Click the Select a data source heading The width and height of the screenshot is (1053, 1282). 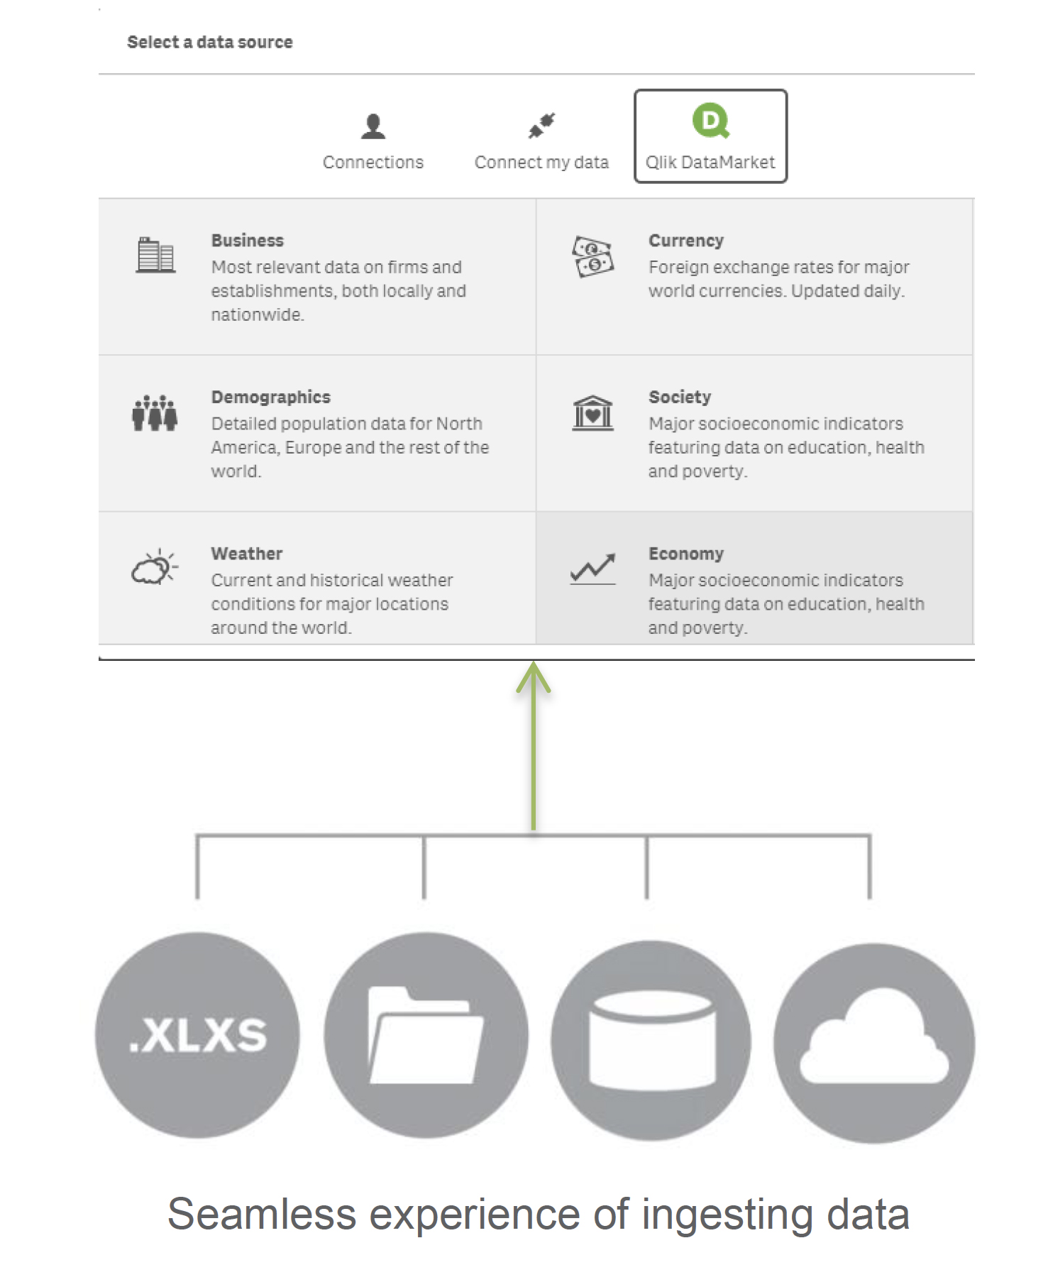click(x=209, y=43)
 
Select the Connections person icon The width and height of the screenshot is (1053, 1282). click(x=373, y=126)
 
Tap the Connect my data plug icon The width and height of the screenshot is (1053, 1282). click(x=541, y=126)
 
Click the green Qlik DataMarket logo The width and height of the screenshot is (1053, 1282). click(x=711, y=121)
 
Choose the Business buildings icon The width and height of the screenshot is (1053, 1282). click(x=155, y=256)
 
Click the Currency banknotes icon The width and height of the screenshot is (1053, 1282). click(x=593, y=256)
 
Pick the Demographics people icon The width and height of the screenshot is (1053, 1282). click(x=155, y=412)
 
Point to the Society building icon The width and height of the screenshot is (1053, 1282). click(x=593, y=413)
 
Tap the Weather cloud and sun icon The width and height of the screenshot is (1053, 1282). click(x=155, y=566)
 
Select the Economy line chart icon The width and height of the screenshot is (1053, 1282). click(x=593, y=569)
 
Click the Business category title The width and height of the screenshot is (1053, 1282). click(x=248, y=241)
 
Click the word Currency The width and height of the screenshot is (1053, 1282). click(x=686, y=241)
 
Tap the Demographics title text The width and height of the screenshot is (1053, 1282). click(x=271, y=398)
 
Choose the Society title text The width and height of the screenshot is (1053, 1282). click(x=680, y=398)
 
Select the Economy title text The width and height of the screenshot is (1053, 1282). click(x=686, y=554)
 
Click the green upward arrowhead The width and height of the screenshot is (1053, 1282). click(x=534, y=676)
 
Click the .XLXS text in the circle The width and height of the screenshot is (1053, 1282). click(x=198, y=1035)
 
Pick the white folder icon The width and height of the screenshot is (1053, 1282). click(x=426, y=1035)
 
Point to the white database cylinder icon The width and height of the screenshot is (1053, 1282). click(x=652, y=1040)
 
